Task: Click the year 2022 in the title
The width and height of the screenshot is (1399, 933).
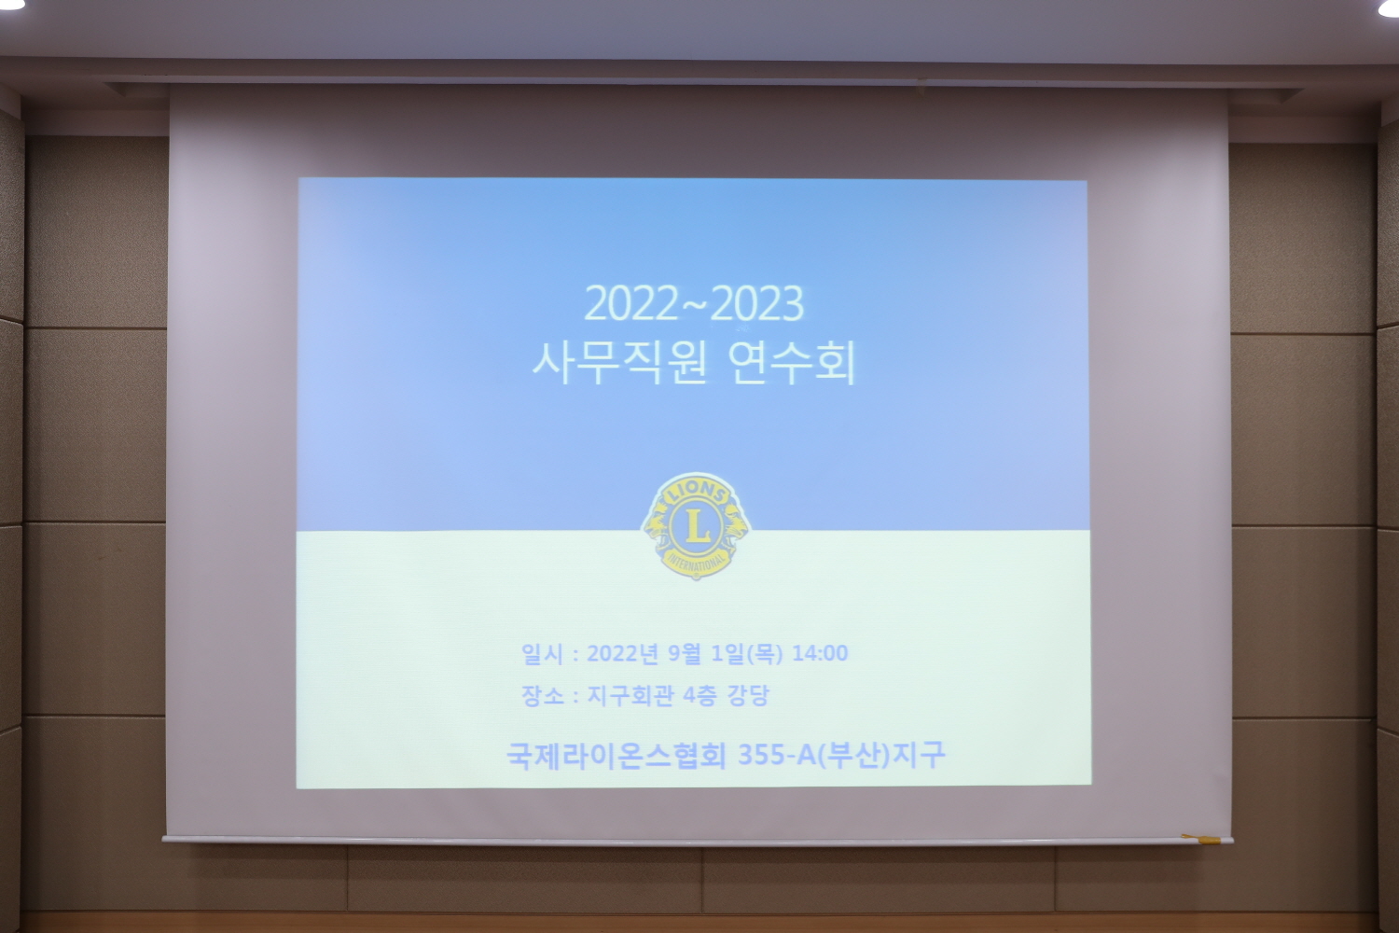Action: (x=630, y=304)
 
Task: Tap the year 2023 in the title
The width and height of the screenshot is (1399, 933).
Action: (x=757, y=304)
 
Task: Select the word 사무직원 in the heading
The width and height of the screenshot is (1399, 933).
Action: (x=619, y=363)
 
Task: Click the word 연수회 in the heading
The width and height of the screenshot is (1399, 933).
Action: (x=791, y=363)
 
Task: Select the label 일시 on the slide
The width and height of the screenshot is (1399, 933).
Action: (x=542, y=654)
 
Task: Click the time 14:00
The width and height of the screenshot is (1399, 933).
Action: (x=820, y=653)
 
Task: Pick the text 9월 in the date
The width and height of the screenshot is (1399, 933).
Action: (x=684, y=653)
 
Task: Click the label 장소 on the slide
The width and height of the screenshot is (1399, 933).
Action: (x=542, y=695)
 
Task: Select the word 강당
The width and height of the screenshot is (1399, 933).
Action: (x=748, y=695)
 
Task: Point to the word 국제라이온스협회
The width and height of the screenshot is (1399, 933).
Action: (x=616, y=755)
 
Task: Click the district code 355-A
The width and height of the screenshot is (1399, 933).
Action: (x=777, y=755)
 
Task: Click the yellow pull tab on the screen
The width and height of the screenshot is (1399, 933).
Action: (x=1201, y=840)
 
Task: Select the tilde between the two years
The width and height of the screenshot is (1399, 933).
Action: (x=694, y=304)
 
